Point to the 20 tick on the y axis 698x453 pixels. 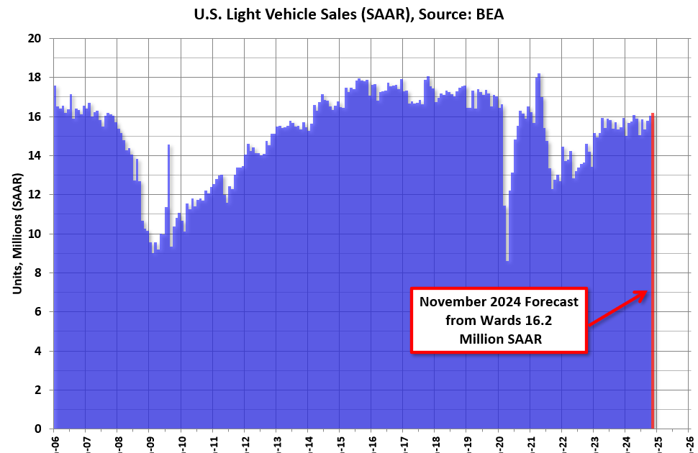[x=35, y=38]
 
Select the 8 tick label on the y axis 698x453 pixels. [x=38, y=273]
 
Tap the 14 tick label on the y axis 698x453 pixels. [x=35, y=156]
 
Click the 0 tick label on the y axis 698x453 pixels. [x=38, y=429]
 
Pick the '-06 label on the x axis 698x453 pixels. [x=54, y=440]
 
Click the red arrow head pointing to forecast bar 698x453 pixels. [x=643, y=293]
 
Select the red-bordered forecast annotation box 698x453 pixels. [x=500, y=320]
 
